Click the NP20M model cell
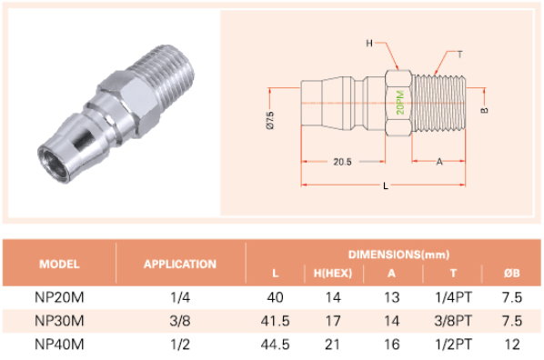click(x=59, y=297)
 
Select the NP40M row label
click(x=59, y=345)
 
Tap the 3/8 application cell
click(x=180, y=321)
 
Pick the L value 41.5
click(x=275, y=321)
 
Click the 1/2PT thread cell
click(x=453, y=345)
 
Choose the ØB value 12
click(x=512, y=345)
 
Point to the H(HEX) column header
click(x=333, y=274)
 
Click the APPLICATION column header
click(x=180, y=265)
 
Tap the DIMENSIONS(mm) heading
click(x=399, y=255)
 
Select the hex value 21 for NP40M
click(x=332, y=345)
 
